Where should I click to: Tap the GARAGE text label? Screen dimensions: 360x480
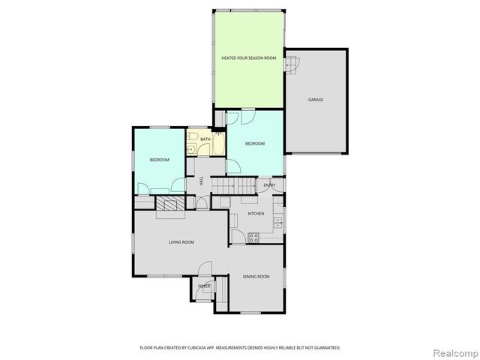(315, 99)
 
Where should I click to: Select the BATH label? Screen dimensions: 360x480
(205, 139)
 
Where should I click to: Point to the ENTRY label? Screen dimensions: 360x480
(269, 185)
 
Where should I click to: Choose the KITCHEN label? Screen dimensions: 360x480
(256, 214)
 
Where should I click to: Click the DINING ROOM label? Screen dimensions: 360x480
(256, 277)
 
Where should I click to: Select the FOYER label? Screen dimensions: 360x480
(204, 286)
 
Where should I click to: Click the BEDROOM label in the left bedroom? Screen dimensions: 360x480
(159, 160)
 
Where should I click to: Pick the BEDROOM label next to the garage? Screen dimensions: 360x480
(255, 143)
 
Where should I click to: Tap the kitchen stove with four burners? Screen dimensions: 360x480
(253, 238)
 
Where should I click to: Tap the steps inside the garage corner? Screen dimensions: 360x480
(291, 66)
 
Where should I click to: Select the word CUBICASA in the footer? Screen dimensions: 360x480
(198, 347)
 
